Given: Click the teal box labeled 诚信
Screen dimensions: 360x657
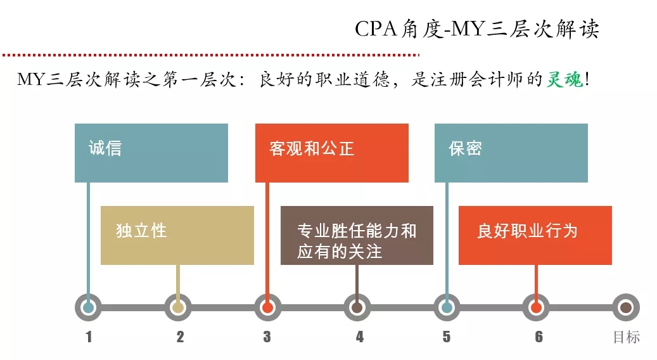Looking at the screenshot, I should pos(151,153).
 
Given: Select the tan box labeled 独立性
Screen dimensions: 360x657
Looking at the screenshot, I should pos(177,235).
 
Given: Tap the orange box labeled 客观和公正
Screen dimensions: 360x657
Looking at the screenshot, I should pos(331,153).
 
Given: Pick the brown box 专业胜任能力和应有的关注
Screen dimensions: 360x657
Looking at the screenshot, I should pos(357,235).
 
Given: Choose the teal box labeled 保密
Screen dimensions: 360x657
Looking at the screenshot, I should pos(511,153).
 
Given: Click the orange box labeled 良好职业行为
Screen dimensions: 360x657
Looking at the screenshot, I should pos(535,235).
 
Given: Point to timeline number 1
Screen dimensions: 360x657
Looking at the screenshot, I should pos(89,337).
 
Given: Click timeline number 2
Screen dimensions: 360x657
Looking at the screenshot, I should pos(180,337).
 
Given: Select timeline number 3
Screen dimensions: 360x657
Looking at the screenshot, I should pos(267,337).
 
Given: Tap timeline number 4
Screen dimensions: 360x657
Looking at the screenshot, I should pos(359,337).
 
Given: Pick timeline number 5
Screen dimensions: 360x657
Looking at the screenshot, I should pos(447,337).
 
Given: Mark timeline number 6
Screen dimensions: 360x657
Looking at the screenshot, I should pos(539,337).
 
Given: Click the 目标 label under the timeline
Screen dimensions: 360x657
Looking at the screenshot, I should pos(626,337).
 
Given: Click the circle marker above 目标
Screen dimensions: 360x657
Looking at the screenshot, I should pos(626,308).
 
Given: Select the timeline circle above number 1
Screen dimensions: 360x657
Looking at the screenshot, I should pos(89,308).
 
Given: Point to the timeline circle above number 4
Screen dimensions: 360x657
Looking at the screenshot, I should pos(357,308).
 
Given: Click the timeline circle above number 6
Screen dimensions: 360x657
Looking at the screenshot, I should pos(537,308).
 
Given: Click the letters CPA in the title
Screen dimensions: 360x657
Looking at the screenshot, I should pos(375,29).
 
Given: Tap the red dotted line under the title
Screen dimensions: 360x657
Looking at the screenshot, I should pos(209,55).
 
